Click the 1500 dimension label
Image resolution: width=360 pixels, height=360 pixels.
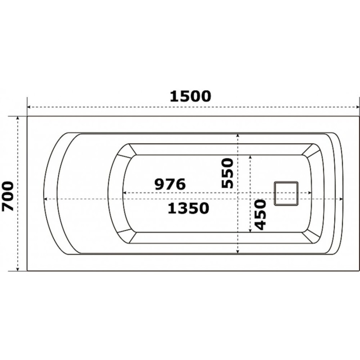coord(190,96)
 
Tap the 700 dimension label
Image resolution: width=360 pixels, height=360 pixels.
coord(8,196)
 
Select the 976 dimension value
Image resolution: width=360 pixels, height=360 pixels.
coord(170,184)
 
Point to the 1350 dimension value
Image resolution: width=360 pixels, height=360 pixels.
coord(188,208)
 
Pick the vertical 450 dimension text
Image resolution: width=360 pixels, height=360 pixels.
coord(260,214)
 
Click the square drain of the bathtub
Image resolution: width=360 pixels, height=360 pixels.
coord(286,193)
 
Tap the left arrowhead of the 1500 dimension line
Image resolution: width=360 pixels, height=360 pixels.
coord(29,107)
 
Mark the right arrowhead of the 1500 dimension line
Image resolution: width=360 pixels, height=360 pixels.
coord(358,107)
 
